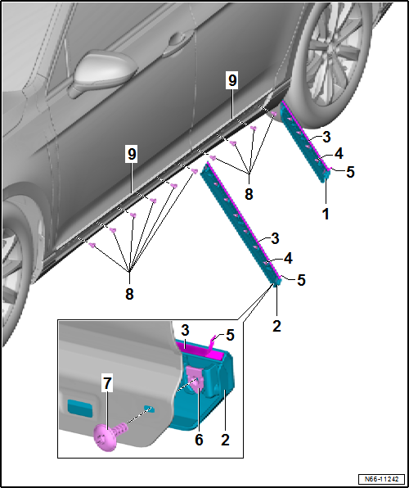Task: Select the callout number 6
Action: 199,439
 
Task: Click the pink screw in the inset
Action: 106,438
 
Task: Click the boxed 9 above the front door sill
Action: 131,153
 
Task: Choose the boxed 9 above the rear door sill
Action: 233,79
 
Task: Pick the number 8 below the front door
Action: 129,293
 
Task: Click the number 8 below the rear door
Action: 249,194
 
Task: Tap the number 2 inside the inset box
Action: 225,439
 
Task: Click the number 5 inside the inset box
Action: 230,334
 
